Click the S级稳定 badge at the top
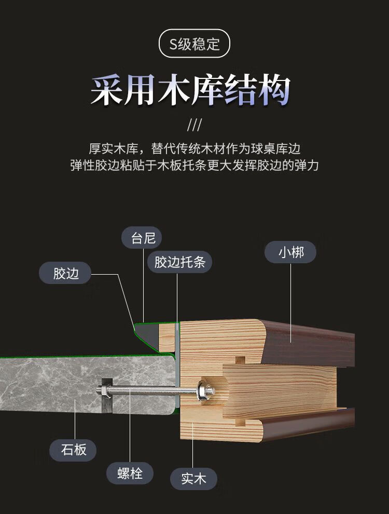click(194, 44)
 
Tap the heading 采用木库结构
click(190, 91)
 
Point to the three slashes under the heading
click(194, 126)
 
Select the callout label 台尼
click(143, 238)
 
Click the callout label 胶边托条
click(179, 262)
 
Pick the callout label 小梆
click(290, 253)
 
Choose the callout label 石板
click(74, 449)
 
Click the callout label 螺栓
click(130, 473)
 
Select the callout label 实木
click(194, 479)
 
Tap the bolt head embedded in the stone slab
click(103, 390)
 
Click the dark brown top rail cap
click(311, 340)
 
